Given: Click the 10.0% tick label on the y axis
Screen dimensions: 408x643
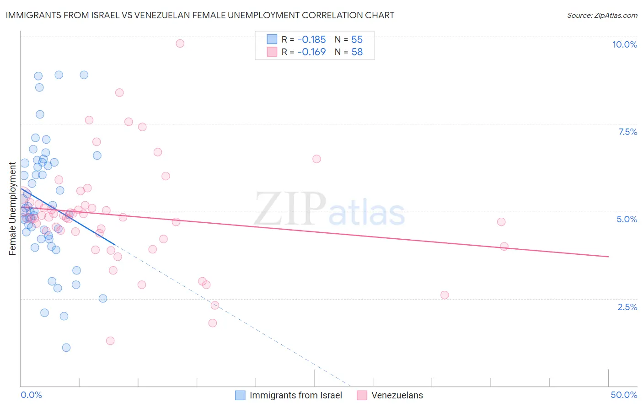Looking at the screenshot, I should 624,44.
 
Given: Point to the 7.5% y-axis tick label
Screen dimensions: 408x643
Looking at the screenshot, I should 627,132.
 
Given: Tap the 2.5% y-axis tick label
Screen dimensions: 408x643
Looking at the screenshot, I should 627,307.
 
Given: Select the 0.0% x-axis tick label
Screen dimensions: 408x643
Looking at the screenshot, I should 31,395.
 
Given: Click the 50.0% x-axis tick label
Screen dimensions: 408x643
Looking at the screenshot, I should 624,395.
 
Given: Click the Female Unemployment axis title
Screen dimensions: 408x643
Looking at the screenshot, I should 12,208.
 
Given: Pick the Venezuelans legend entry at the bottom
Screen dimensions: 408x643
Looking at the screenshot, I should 397,395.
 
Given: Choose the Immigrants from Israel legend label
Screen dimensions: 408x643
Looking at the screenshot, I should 295,395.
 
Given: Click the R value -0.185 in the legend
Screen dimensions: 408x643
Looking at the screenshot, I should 311,40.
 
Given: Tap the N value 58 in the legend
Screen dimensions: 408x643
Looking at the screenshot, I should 357,52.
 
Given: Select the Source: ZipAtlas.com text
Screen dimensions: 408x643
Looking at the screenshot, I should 602,16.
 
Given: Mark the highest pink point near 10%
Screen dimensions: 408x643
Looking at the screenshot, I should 180,43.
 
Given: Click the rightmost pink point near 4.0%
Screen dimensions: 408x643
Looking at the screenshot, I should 504,246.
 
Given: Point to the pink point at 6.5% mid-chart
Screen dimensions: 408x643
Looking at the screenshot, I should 316,159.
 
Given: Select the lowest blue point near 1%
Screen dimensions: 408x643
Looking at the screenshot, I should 66,348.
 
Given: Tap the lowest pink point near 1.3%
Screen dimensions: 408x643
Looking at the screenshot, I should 110,341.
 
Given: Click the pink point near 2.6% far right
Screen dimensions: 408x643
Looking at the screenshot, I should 445,295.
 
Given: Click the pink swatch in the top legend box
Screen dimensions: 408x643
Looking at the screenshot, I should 272,52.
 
